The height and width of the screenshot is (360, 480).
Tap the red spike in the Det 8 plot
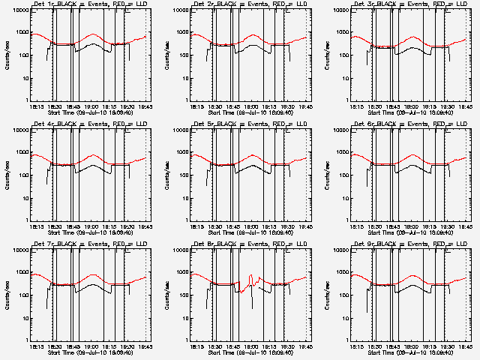250,279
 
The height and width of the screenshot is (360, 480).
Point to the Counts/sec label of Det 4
7,175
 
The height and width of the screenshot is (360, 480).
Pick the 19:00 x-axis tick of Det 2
250,106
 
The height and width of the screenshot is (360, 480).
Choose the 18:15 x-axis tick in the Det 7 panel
36,346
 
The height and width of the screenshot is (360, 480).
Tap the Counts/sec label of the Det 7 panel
7,295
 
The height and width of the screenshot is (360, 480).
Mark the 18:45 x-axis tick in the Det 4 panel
72,226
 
